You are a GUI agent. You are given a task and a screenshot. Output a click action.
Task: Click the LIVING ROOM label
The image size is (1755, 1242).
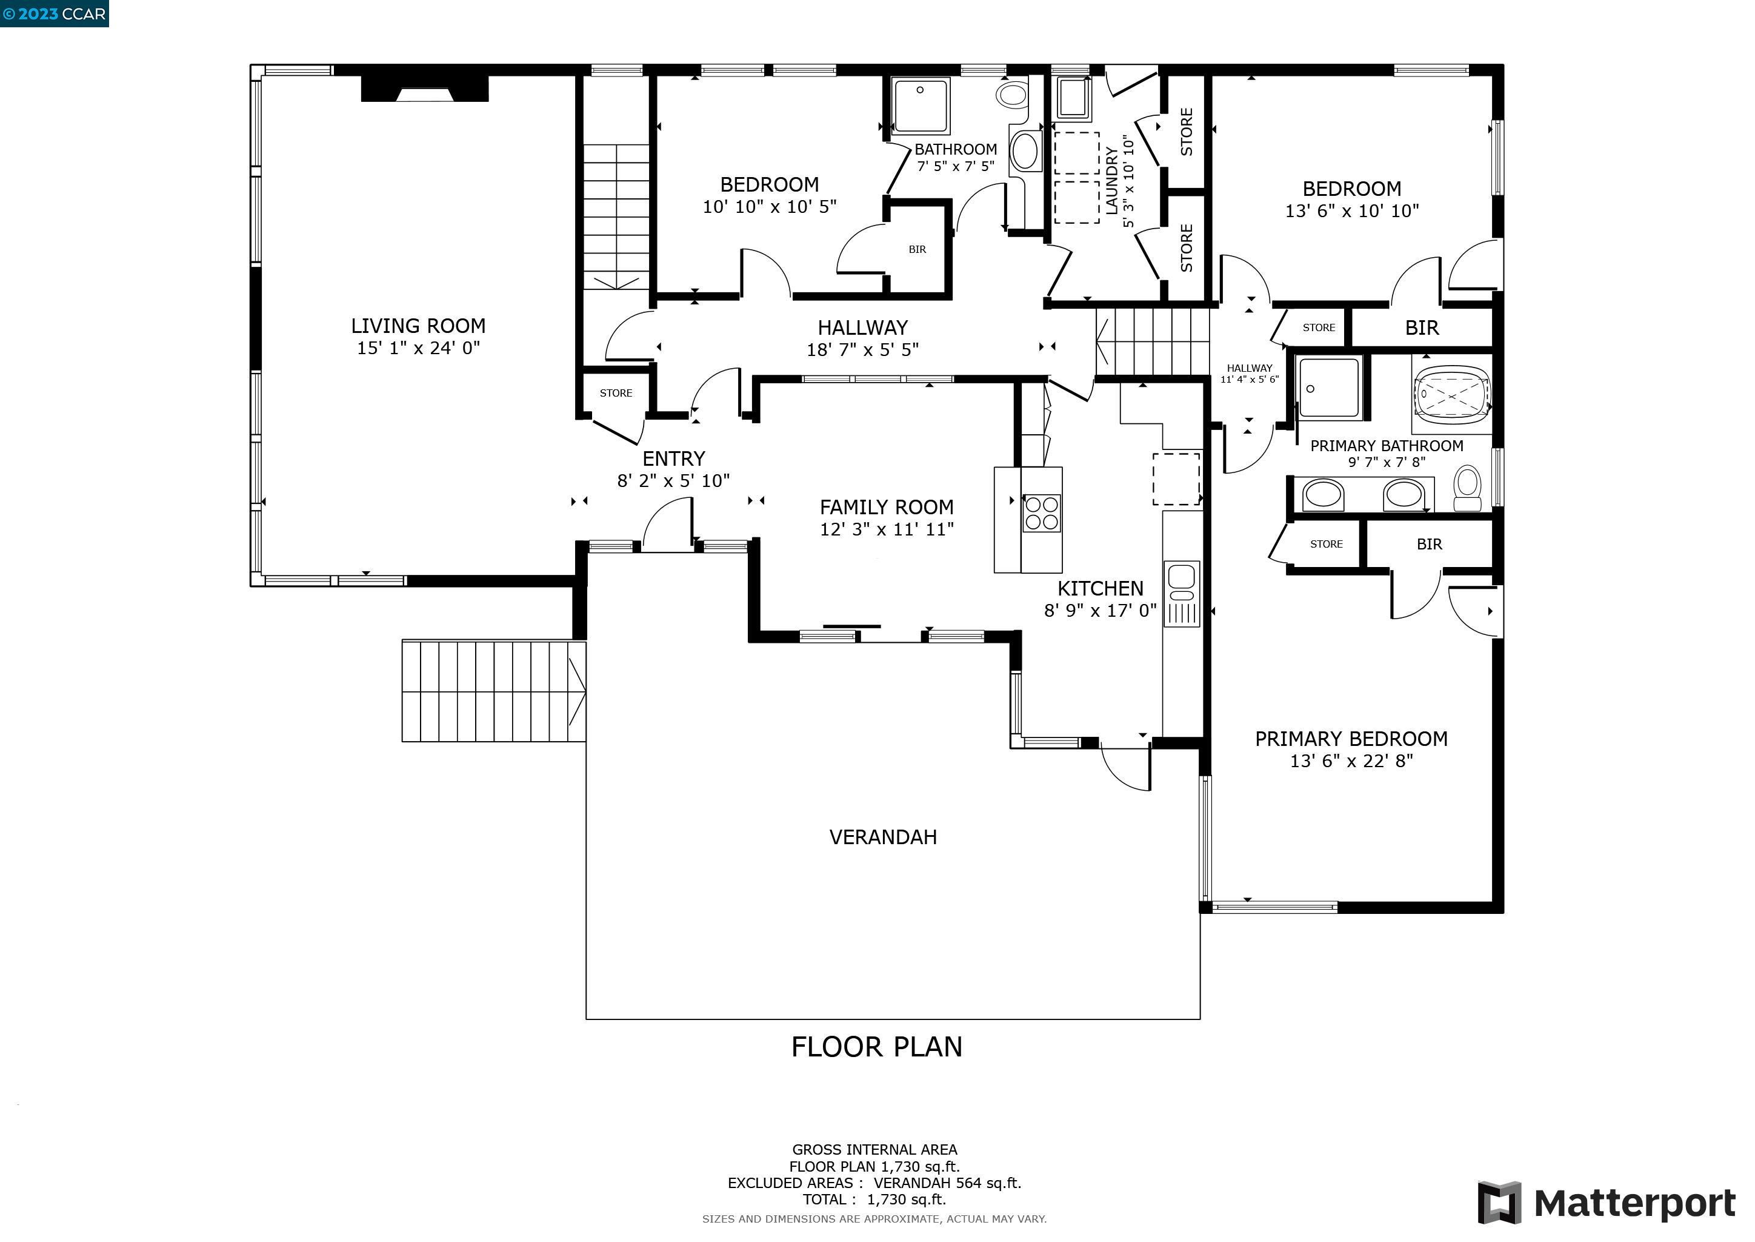click(x=418, y=326)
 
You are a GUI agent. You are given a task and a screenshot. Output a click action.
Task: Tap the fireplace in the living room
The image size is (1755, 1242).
click(x=424, y=88)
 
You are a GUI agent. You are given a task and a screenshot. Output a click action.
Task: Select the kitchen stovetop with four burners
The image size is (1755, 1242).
click(x=1041, y=513)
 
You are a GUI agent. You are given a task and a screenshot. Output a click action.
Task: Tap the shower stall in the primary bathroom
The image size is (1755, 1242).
click(x=1330, y=388)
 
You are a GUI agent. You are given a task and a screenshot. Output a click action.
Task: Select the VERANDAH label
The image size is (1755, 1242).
click(x=883, y=838)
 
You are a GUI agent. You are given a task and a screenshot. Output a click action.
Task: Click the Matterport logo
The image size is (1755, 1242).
click(x=1606, y=1203)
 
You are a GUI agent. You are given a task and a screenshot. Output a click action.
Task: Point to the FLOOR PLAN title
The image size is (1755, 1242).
click(x=877, y=1047)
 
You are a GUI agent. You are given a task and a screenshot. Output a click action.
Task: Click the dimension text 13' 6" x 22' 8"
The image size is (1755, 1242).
click(x=1351, y=761)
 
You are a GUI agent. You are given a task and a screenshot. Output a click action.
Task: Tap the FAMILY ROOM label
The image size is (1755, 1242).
click(x=887, y=507)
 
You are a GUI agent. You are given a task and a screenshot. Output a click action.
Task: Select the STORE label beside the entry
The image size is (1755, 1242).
click(x=616, y=393)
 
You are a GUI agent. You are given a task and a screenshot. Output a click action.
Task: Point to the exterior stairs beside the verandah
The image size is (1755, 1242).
click(x=494, y=691)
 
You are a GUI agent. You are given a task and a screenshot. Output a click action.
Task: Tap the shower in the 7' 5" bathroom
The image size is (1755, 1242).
click(x=921, y=106)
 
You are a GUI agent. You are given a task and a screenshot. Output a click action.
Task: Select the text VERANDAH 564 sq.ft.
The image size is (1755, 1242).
click(x=948, y=1183)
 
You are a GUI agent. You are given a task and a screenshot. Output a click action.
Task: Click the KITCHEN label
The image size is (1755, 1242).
click(x=1101, y=588)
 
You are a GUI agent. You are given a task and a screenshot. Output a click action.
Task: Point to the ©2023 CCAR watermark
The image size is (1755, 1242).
click(x=55, y=14)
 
